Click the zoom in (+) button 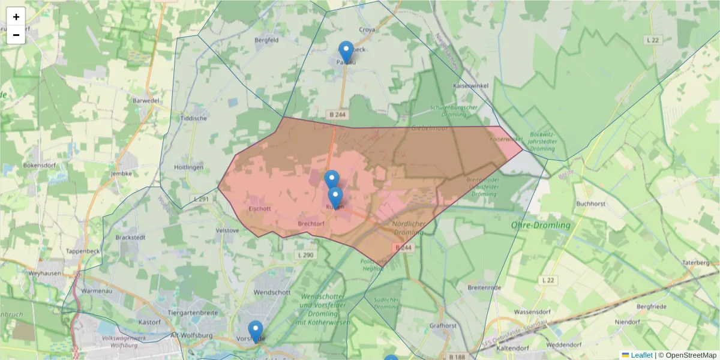click(x=16, y=17)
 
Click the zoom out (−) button click(x=16, y=35)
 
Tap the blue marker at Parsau click(x=346, y=52)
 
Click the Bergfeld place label click(x=267, y=40)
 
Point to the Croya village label click(x=367, y=29)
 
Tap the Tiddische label click(x=194, y=118)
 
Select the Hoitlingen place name click(x=188, y=167)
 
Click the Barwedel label click(x=146, y=101)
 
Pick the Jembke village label click(x=121, y=174)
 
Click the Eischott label click(x=260, y=209)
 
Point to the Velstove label click(x=227, y=230)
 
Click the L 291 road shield click(x=202, y=199)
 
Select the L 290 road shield click(x=305, y=255)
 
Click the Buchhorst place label click(x=591, y=203)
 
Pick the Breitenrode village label click(x=484, y=288)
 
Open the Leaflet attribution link click(x=641, y=355)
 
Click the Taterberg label click(x=697, y=263)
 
